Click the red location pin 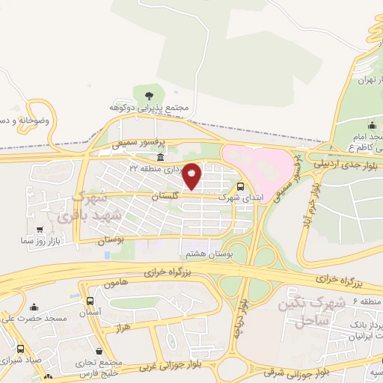pyautogui.click(x=192, y=176)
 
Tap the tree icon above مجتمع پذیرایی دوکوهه pyautogui.click(x=147, y=95)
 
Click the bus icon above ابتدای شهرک pyautogui.click(x=240, y=187)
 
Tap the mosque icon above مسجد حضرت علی pyautogui.click(x=34, y=307)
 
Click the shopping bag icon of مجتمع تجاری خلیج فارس pyautogui.click(x=99, y=351)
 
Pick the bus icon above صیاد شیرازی pyautogui.click(x=19, y=349)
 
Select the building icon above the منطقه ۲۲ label pyautogui.click(x=161, y=157)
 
